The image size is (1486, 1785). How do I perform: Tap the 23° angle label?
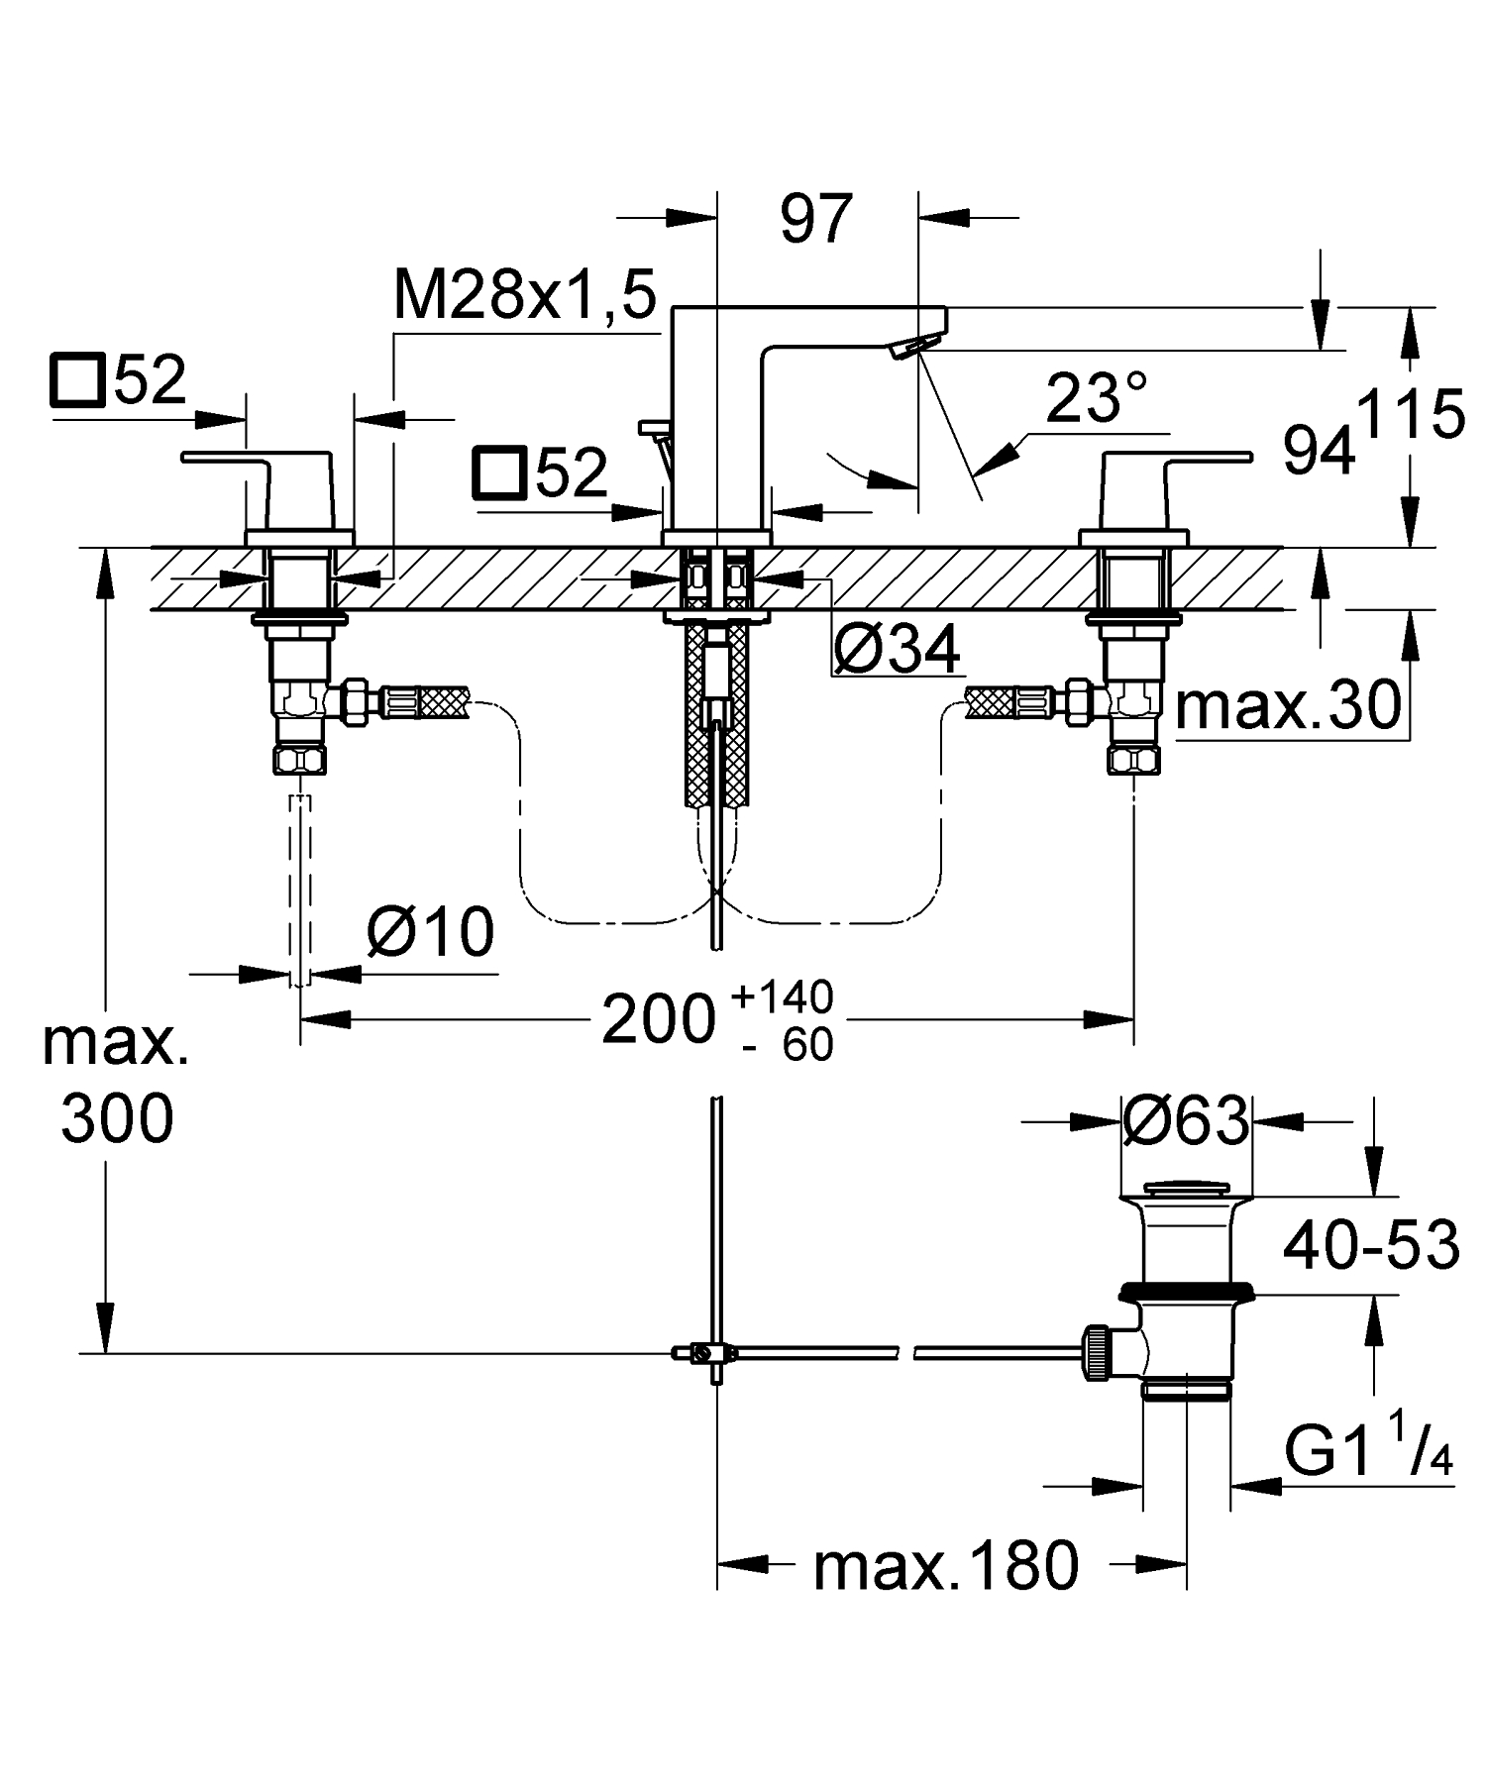coord(1097,398)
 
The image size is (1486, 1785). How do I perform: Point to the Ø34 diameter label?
coord(897,651)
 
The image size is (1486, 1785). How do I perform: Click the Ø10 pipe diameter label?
coord(430,932)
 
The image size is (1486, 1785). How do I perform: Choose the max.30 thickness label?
coord(1289,706)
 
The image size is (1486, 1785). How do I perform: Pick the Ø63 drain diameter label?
coord(1186,1121)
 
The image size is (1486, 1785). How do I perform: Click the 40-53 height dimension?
coord(1370,1244)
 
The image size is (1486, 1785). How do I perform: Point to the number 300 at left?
coord(117,1119)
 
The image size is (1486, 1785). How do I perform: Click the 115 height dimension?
coord(1411,415)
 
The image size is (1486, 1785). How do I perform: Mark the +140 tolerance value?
coord(782,997)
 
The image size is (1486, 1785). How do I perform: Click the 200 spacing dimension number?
coord(658,1020)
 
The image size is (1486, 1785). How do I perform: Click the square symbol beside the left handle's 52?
coord(76,381)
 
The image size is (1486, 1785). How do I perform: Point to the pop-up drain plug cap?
coord(1185,1189)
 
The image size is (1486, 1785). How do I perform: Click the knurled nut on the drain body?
coord(1096,1351)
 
